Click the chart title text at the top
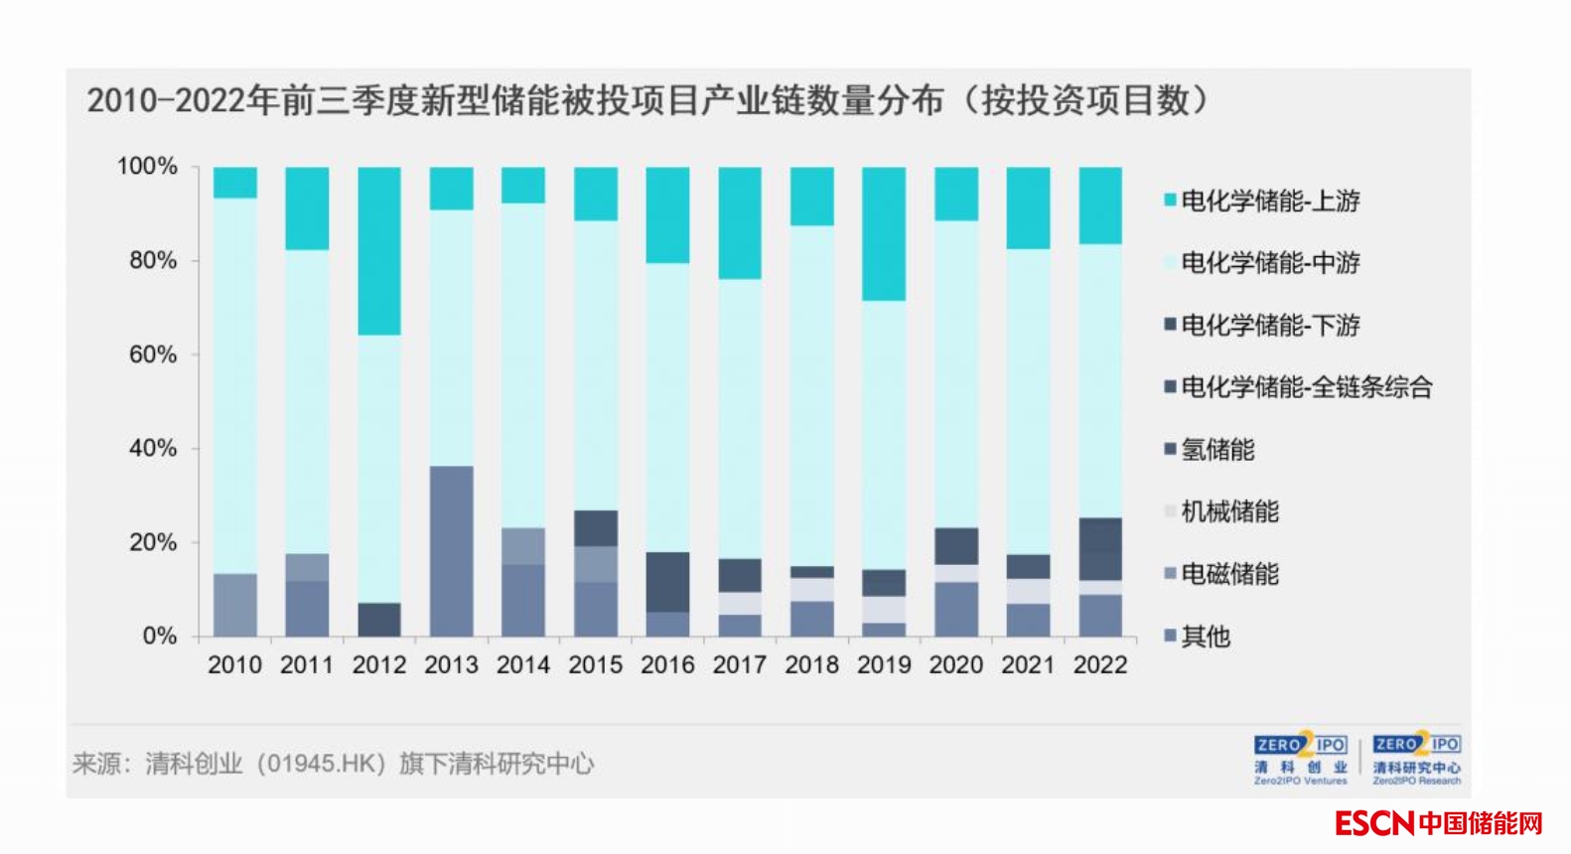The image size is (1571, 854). click(x=647, y=100)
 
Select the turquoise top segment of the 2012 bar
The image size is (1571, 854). click(x=379, y=250)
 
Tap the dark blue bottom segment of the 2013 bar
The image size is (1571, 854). click(x=452, y=551)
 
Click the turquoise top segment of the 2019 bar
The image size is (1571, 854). click(x=884, y=233)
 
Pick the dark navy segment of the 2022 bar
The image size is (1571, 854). click(x=1100, y=548)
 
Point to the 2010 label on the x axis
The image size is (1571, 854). click(x=234, y=664)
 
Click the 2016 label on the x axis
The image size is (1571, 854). click(x=667, y=664)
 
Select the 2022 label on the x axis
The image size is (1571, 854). click(x=1100, y=664)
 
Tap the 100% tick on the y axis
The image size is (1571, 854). click(x=147, y=166)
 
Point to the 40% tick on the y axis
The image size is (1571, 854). click(x=152, y=448)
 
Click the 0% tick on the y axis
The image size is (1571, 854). click(x=159, y=636)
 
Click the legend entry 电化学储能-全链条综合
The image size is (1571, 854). click(x=1298, y=387)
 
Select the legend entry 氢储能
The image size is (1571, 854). click(x=1210, y=450)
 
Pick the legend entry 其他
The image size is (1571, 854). click(x=1198, y=637)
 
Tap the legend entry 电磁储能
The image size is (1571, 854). click(x=1221, y=574)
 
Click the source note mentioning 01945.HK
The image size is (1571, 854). click(x=333, y=764)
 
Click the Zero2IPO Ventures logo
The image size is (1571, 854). click(x=1300, y=760)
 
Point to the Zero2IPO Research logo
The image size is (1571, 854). click(x=1416, y=760)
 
